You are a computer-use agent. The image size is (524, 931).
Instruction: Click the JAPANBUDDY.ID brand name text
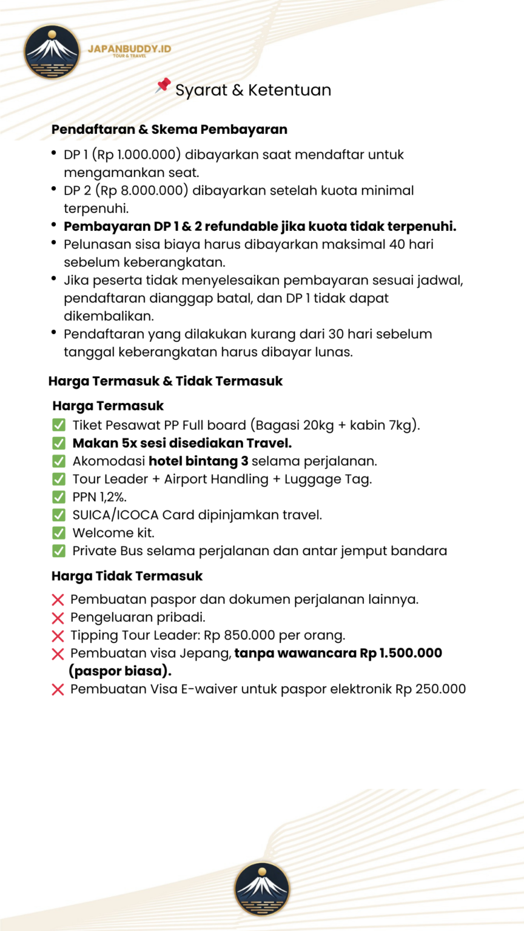coord(129,48)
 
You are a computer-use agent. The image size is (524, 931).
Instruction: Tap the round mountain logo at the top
coord(52,52)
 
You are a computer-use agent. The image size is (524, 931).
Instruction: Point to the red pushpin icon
coord(163,85)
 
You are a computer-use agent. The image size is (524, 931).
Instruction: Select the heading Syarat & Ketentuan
coord(253,90)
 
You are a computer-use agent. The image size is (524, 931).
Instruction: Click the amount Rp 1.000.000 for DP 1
coord(136,155)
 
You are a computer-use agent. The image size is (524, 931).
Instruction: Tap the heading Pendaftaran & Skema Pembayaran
coord(169,129)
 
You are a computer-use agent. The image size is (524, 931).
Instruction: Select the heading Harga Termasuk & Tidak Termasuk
coord(166,381)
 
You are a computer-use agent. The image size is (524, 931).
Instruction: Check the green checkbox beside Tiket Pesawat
coord(59,425)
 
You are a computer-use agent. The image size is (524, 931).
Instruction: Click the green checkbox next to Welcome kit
coord(59,533)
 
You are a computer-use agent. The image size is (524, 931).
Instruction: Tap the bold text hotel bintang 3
coord(198,461)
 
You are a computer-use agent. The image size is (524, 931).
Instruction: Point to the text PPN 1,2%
coord(99,497)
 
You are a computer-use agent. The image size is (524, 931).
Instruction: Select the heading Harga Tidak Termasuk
coord(127,576)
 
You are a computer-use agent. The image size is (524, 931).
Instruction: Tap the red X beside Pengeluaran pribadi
coord(58,618)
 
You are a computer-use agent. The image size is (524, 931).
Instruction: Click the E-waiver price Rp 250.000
coord(431,689)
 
